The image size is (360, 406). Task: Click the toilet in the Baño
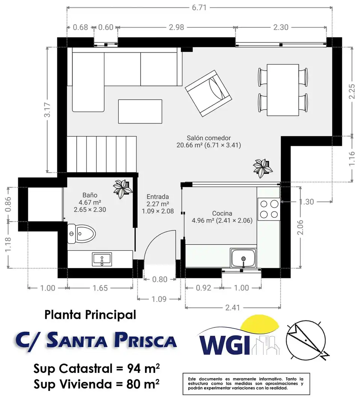[81, 234]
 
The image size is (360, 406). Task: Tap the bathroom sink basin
[102, 259]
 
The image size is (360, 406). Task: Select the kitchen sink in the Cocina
[243, 258]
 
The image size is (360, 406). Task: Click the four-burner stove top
[269, 209]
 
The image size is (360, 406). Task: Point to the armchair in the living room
[208, 93]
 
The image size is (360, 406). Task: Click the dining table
[283, 90]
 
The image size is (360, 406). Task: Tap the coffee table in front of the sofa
[140, 111]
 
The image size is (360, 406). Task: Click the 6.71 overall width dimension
[199, 8]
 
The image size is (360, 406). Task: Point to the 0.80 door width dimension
[160, 279]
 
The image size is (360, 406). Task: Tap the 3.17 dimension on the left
[47, 110]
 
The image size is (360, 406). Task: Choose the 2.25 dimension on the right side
[352, 91]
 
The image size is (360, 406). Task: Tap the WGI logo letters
[224, 345]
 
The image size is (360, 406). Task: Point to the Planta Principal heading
[90, 315]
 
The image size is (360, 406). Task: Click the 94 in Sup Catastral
[133, 368]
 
